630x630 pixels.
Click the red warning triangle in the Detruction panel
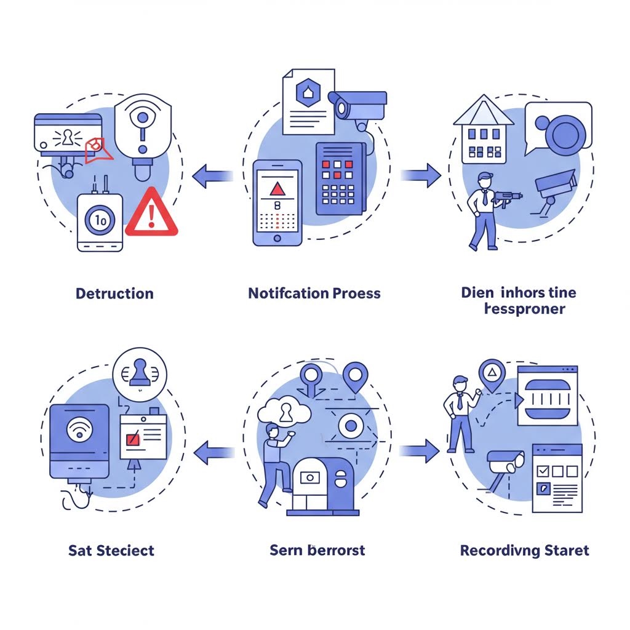coord(151,214)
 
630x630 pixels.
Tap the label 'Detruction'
coord(114,293)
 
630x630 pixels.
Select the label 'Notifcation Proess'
coord(314,293)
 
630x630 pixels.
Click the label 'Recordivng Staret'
coord(524,550)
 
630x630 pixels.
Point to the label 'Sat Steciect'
coord(111,550)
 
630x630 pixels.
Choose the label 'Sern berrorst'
coord(317,550)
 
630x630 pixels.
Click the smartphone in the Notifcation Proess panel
coord(277,203)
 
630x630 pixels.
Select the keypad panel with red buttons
coord(340,179)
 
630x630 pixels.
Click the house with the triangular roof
coord(484,130)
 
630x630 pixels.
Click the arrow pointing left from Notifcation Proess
coord(212,177)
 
